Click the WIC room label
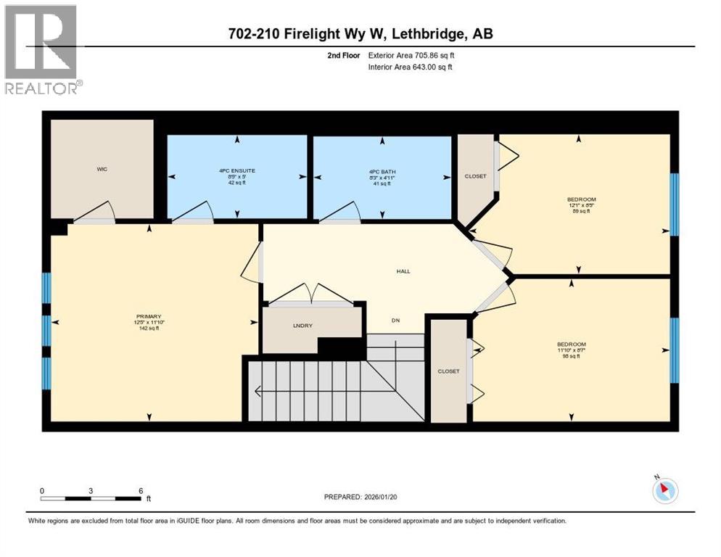tap(102, 169)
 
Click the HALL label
tap(403, 271)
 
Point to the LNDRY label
tap(302, 326)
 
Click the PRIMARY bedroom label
tap(148, 316)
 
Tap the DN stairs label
tap(395, 320)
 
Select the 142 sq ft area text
tap(148, 329)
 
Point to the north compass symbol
tap(664, 490)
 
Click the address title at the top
tap(360, 34)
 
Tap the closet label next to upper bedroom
tap(475, 176)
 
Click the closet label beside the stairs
tap(448, 371)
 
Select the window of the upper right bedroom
tap(674, 205)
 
